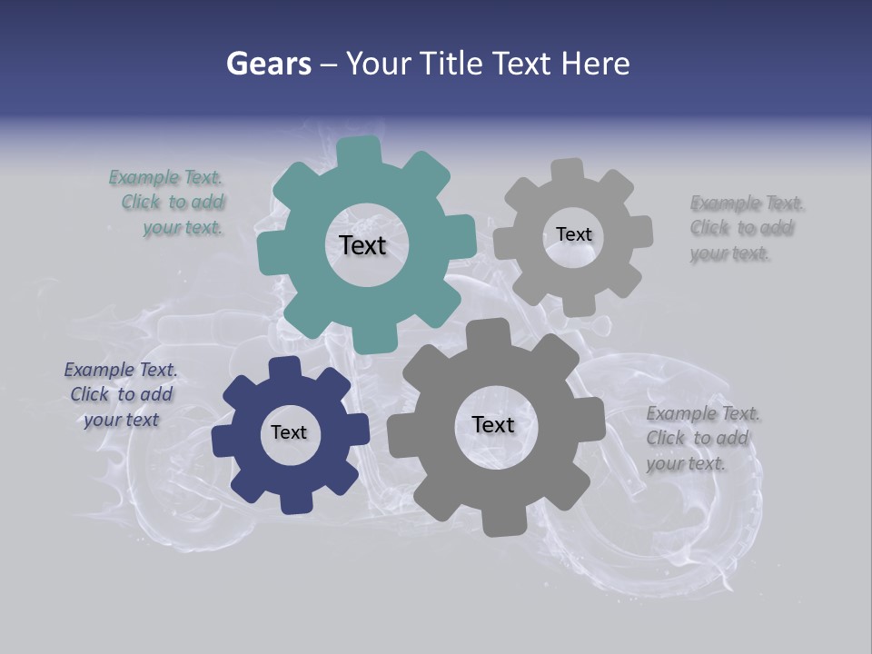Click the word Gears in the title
click(x=268, y=64)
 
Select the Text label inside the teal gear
click(x=362, y=245)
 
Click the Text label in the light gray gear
click(x=573, y=234)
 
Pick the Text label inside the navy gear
click(x=289, y=432)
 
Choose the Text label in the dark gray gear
click(x=493, y=424)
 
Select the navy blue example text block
click(x=121, y=394)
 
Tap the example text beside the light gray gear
click(x=743, y=228)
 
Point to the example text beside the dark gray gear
click(x=699, y=438)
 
